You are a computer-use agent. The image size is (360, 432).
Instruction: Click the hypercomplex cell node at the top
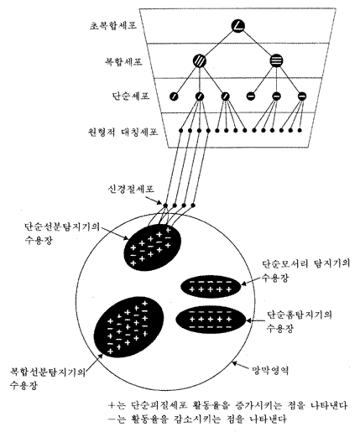point(238,26)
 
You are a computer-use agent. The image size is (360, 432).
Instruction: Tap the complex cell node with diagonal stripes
point(200,60)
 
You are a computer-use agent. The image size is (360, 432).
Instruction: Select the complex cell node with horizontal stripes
point(277,60)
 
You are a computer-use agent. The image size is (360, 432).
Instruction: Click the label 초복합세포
point(113,26)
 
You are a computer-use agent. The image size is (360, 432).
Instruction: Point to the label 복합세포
point(123,61)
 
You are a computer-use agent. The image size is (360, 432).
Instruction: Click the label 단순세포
point(131,96)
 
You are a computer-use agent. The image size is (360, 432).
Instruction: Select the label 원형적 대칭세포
point(123,131)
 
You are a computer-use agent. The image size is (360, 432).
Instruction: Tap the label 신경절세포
point(131,189)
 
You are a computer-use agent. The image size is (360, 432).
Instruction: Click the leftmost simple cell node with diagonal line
point(174,96)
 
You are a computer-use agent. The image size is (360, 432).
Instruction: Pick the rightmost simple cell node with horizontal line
point(301,96)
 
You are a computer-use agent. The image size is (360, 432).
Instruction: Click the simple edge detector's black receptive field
point(211,286)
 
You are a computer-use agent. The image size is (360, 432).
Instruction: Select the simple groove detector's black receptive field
point(211,320)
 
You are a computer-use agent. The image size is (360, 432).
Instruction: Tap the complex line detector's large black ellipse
point(129,327)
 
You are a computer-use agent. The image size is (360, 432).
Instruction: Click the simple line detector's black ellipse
point(153,247)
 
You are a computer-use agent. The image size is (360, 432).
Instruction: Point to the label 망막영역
point(270,371)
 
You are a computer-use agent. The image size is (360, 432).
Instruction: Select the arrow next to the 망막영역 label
point(241,365)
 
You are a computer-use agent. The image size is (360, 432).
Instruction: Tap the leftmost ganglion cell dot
point(165,206)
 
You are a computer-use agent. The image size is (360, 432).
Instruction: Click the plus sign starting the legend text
point(112,405)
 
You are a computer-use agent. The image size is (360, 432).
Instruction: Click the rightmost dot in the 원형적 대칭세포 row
point(300,130)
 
